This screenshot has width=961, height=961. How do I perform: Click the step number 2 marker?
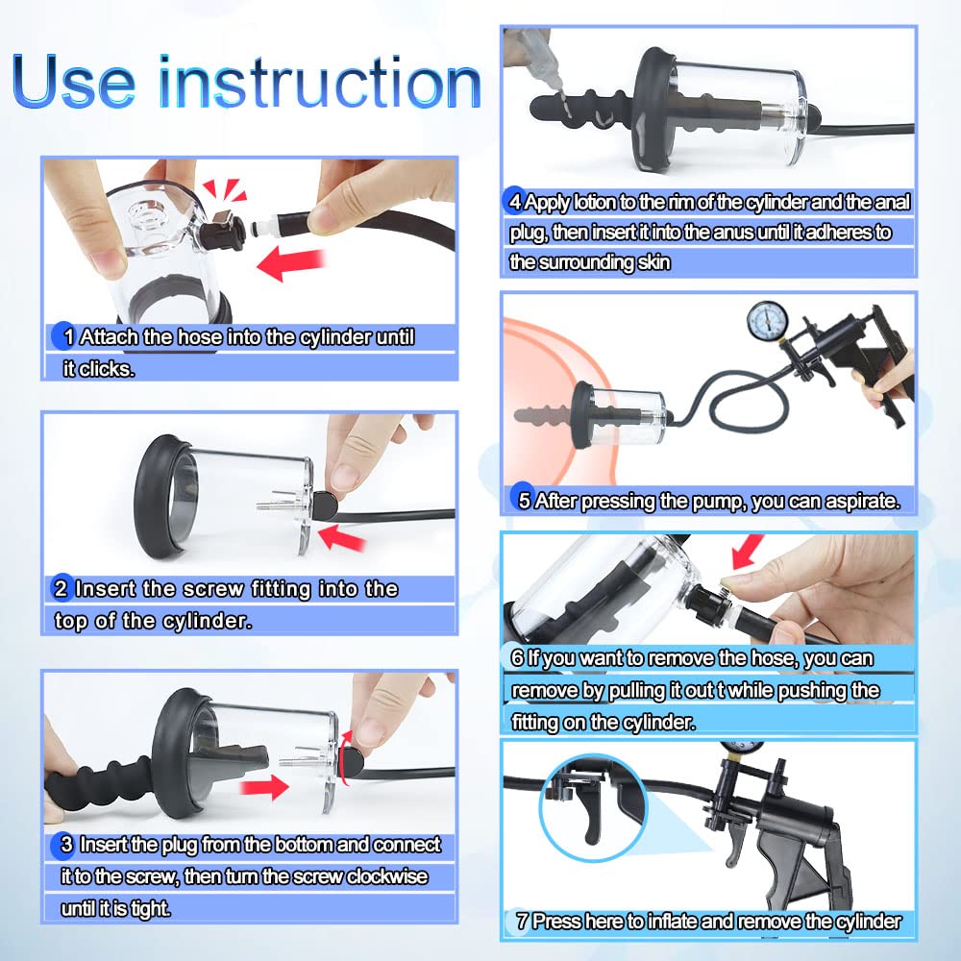pos(61,588)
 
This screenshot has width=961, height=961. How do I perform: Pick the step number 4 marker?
pos(515,202)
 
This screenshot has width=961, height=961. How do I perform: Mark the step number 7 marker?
pos(522,921)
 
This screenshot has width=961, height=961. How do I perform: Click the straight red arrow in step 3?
pos(265,789)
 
